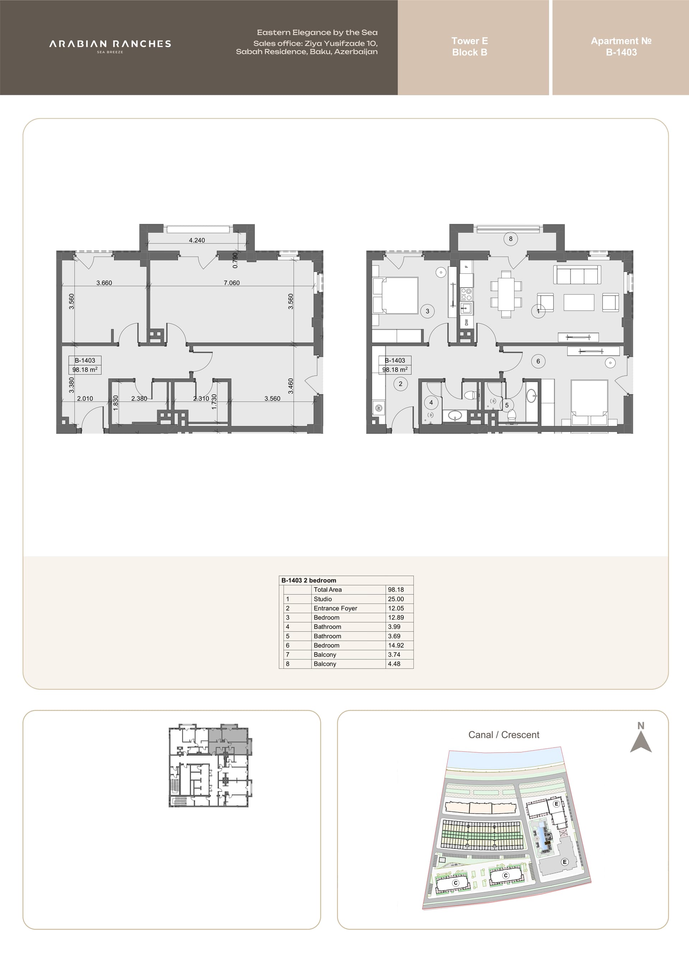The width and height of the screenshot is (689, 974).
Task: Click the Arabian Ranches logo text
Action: click(x=110, y=44)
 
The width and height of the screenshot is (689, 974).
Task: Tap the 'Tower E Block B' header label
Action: click(x=470, y=47)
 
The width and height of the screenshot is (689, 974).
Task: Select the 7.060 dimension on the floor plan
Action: click(x=232, y=283)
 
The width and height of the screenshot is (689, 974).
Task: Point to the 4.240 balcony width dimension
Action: click(x=197, y=240)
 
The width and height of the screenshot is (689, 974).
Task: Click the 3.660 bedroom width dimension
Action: click(x=104, y=283)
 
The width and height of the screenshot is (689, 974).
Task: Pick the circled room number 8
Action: click(x=510, y=239)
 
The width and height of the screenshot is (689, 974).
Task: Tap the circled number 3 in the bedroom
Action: click(x=427, y=311)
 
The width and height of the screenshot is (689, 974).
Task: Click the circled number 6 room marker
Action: click(x=538, y=361)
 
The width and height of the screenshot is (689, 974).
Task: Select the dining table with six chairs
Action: click(x=506, y=294)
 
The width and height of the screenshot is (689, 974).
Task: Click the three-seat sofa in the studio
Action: click(x=577, y=275)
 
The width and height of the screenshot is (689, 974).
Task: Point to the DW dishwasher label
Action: click(x=466, y=322)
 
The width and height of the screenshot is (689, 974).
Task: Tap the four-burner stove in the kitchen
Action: click(x=466, y=294)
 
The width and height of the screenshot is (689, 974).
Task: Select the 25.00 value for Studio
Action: click(x=396, y=599)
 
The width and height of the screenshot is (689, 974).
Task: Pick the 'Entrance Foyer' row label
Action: click(x=335, y=608)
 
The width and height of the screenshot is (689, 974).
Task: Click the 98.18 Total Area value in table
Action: click(x=396, y=590)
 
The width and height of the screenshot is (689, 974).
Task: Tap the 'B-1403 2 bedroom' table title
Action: click(x=309, y=580)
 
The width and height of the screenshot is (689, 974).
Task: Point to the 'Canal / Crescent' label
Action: click(x=503, y=735)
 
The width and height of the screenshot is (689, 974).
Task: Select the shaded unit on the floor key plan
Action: click(x=229, y=741)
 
